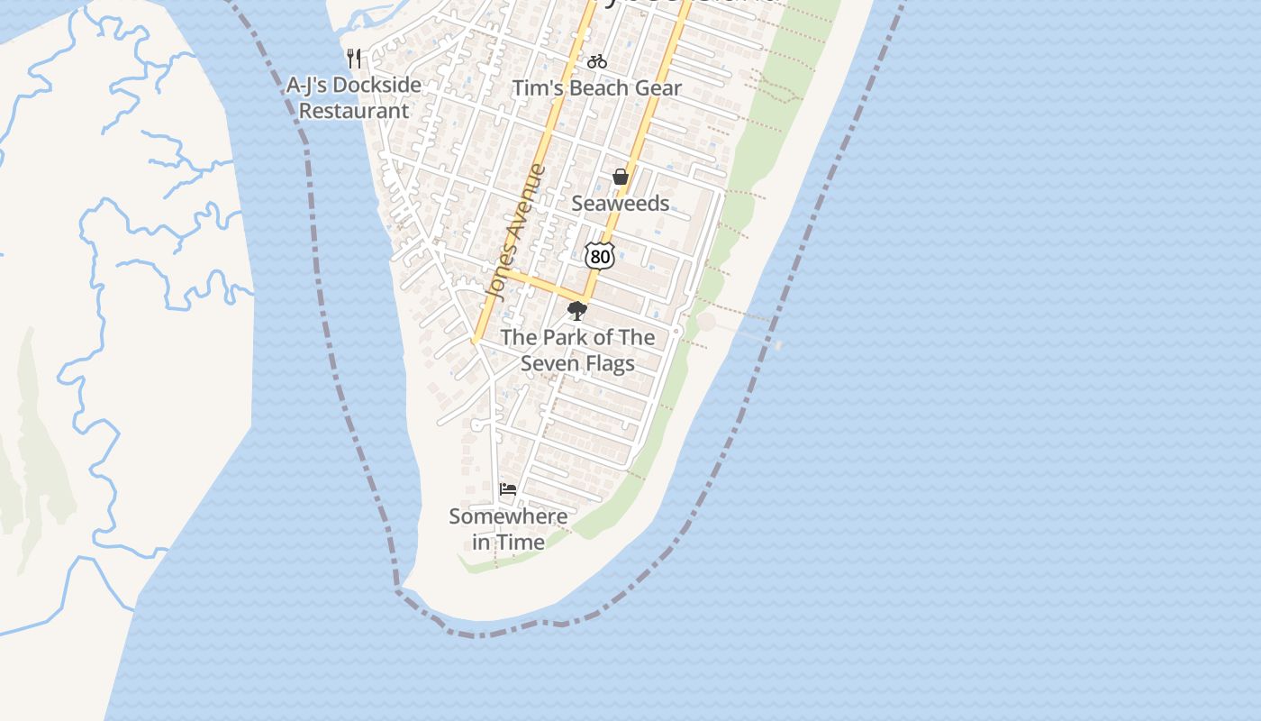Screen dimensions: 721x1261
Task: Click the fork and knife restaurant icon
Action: coord(354,59)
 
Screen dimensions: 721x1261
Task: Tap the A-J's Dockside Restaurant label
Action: coord(354,98)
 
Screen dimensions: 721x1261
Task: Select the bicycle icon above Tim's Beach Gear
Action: coord(596,61)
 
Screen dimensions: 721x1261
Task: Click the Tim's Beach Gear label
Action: coord(596,88)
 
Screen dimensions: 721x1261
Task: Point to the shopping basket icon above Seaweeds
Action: coord(621,177)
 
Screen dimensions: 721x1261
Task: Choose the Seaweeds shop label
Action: coord(621,204)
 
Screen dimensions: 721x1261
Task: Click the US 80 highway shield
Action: coord(599,256)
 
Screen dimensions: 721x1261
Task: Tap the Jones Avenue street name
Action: coord(516,232)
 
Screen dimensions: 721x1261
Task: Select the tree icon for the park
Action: coord(577,311)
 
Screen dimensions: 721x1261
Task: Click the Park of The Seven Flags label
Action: coord(577,350)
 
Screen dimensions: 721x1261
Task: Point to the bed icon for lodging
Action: coord(508,489)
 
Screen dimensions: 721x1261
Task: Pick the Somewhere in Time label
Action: coord(508,529)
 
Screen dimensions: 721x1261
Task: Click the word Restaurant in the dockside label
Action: coord(354,111)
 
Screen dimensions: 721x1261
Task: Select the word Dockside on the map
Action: coord(376,86)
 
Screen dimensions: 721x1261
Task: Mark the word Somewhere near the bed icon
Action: coord(508,516)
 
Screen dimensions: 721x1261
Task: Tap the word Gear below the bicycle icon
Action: coord(660,88)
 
